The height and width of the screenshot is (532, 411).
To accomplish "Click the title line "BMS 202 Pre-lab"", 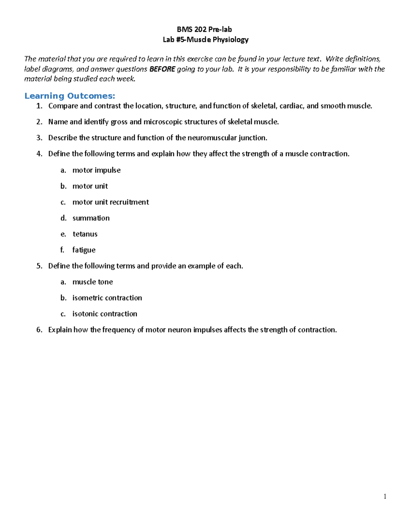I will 204,29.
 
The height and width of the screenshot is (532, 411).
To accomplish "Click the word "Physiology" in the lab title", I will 230,40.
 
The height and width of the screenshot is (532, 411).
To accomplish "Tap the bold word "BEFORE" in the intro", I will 162,69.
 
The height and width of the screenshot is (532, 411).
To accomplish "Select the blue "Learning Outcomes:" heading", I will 70,96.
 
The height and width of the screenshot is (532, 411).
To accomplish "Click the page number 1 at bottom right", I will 385,496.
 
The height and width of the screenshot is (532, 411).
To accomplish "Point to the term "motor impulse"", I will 96,170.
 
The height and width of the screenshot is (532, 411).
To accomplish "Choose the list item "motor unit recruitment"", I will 110,202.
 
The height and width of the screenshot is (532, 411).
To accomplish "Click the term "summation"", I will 91,218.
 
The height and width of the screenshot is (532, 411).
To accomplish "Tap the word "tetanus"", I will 85,234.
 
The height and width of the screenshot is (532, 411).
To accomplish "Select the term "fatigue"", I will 84,250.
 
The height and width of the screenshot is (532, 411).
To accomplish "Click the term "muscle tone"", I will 92,282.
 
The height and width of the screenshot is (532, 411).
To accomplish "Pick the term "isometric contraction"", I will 107,298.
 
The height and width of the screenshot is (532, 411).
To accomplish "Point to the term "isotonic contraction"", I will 104,314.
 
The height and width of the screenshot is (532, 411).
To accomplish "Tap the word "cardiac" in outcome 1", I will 291,106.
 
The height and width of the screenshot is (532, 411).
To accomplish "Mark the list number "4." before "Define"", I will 39,154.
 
